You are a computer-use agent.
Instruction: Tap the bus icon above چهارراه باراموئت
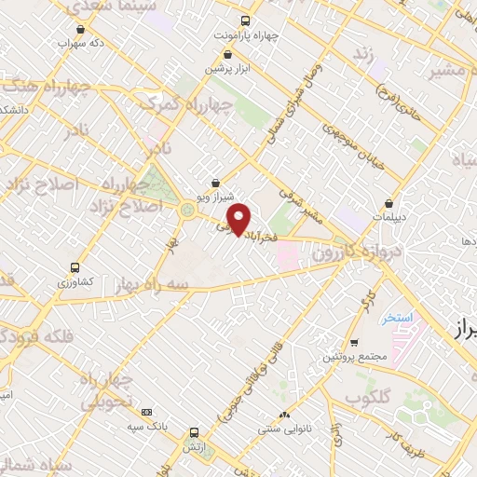pos(245,20)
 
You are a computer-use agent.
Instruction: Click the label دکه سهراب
pos(79,44)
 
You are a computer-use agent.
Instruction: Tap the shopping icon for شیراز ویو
pos(216,184)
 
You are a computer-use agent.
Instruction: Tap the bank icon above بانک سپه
pos(145,411)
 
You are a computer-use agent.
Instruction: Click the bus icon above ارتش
pos(193,432)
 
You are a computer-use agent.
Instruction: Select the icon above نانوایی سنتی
pos(284,415)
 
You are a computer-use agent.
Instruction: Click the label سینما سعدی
pos(99,7)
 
